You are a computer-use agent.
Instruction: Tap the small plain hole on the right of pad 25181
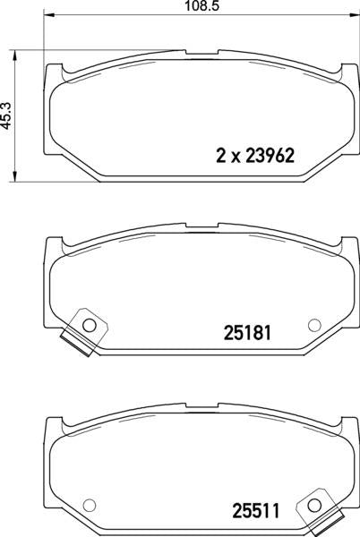(313, 324)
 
